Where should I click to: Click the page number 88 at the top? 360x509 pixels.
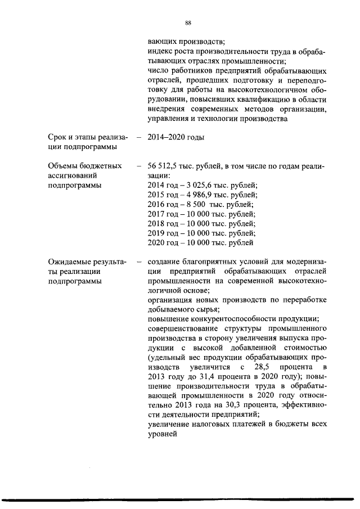pos(188,23)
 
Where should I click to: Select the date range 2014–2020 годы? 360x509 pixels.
pos(175,137)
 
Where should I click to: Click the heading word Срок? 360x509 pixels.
pos(58,137)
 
